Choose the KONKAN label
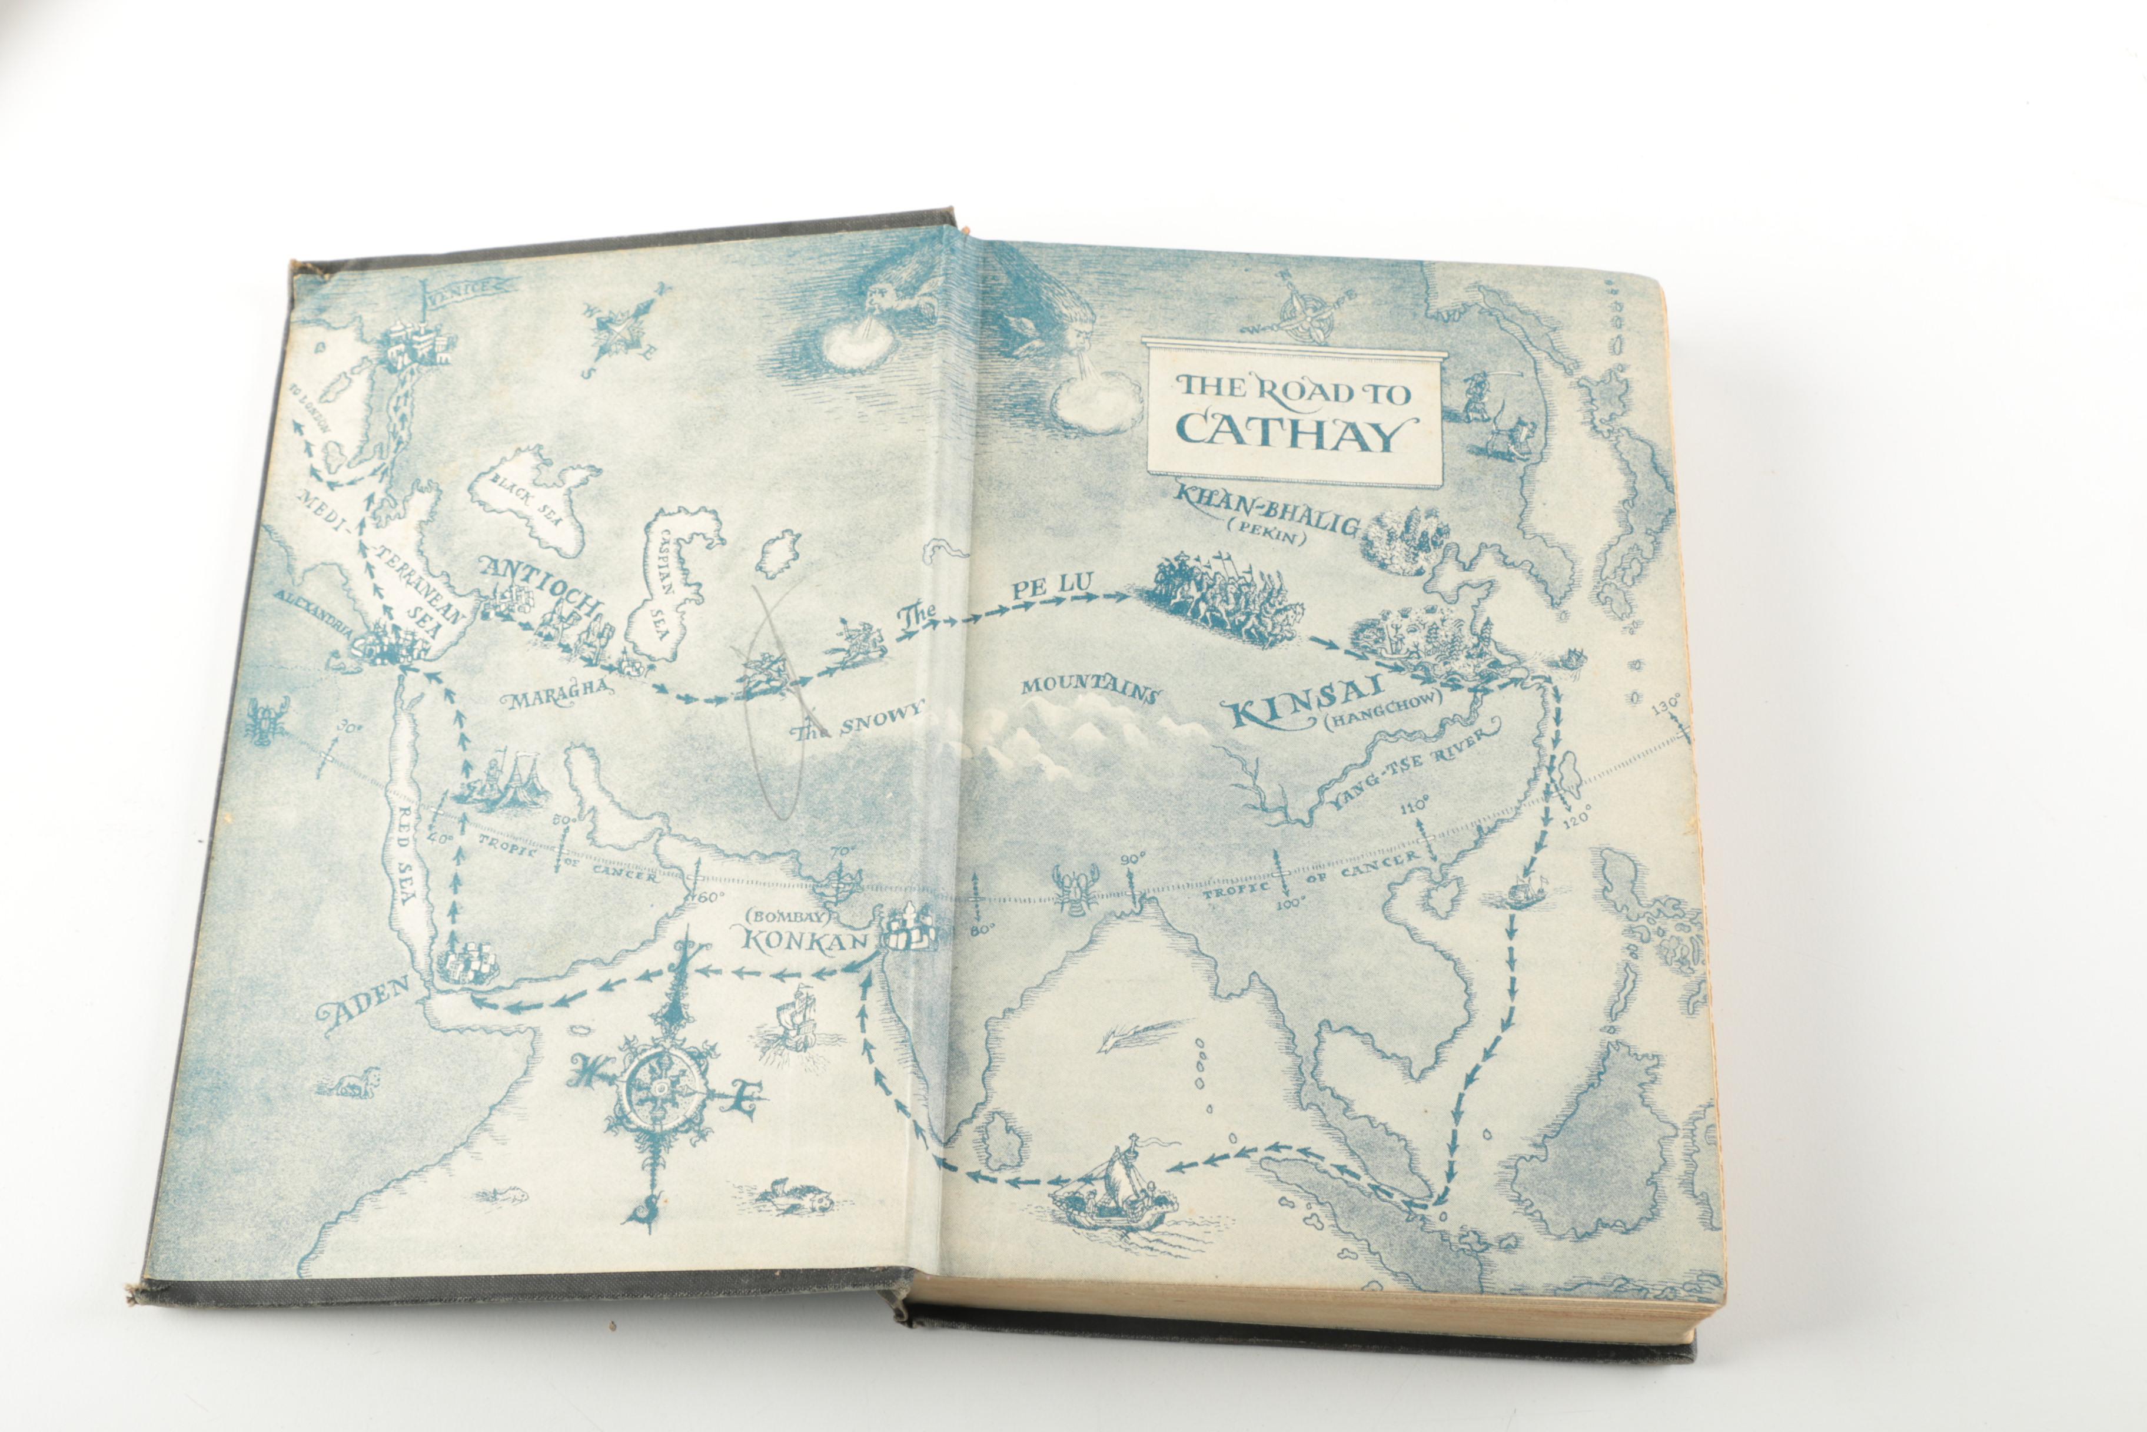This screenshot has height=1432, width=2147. (x=803, y=939)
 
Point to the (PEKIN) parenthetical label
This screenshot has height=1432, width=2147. (x=1276, y=538)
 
